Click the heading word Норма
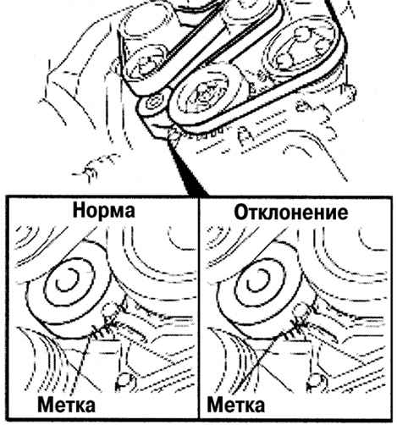coord(104,211)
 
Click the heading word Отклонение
coord(291,212)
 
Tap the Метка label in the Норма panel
coord(66,406)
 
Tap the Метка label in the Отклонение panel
coord(236,406)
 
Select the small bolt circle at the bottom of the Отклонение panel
coord(315,380)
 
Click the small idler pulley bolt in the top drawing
coord(154,104)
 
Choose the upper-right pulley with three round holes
coord(301,50)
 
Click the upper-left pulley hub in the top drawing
coord(146,66)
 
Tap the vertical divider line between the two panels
coord(199,308)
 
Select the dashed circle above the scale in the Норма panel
coord(108,310)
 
